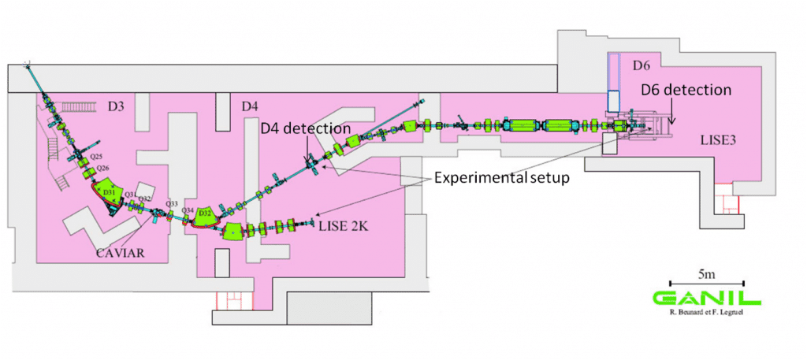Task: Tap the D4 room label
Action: [250, 106]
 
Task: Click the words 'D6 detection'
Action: [686, 90]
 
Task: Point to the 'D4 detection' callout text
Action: [306, 128]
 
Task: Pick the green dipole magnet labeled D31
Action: [110, 193]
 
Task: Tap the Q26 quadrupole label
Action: [99, 168]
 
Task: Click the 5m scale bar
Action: [706, 281]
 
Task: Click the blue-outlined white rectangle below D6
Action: [614, 101]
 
